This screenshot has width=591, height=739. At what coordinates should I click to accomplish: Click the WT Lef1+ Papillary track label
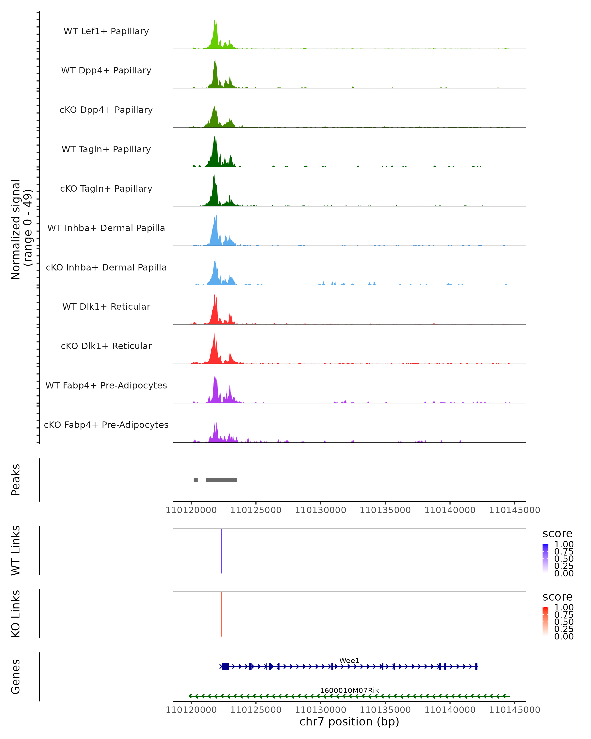pyautogui.click(x=106, y=31)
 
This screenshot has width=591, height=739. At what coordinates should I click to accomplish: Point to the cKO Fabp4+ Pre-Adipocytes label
pyautogui.click(x=106, y=425)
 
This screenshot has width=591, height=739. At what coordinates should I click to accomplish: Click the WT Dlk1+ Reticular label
pyautogui.click(x=106, y=306)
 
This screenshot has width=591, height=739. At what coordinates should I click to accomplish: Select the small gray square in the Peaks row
pyautogui.click(x=196, y=480)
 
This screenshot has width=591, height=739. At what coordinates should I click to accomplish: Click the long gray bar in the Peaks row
pyautogui.click(x=221, y=480)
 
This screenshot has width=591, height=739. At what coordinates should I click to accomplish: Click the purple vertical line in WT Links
pyautogui.click(x=222, y=551)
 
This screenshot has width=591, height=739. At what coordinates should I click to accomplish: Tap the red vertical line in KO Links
pyautogui.click(x=222, y=614)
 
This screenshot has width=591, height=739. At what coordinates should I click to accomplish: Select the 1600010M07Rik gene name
pyautogui.click(x=349, y=690)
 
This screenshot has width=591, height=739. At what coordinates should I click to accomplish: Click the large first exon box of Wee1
pyautogui.click(x=225, y=666)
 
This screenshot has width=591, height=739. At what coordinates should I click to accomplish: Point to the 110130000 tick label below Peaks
pyautogui.click(x=320, y=510)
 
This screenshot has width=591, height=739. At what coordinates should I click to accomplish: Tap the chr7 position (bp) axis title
pyautogui.click(x=349, y=722)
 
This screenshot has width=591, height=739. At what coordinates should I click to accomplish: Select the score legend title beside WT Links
pyautogui.click(x=557, y=533)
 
